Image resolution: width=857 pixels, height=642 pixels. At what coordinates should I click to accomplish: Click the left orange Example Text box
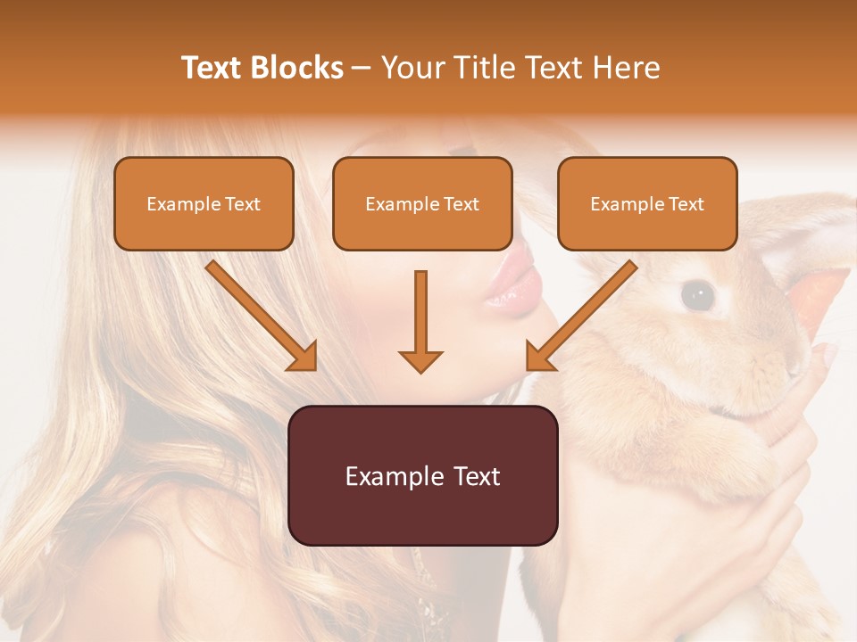[204, 203]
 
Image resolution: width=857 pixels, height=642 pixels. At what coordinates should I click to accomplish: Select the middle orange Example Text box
[422, 203]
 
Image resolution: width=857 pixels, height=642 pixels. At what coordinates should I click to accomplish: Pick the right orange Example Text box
[647, 203]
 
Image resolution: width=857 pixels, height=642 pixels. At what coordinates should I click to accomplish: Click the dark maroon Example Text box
[422, 475]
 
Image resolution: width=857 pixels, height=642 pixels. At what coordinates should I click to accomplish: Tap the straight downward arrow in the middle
[420, 321]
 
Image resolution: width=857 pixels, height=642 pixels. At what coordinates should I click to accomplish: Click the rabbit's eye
[697, 294]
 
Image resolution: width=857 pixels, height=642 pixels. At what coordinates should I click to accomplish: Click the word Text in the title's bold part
[212, 68]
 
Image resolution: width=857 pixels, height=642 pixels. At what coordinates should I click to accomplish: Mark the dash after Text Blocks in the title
[362, 68]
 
